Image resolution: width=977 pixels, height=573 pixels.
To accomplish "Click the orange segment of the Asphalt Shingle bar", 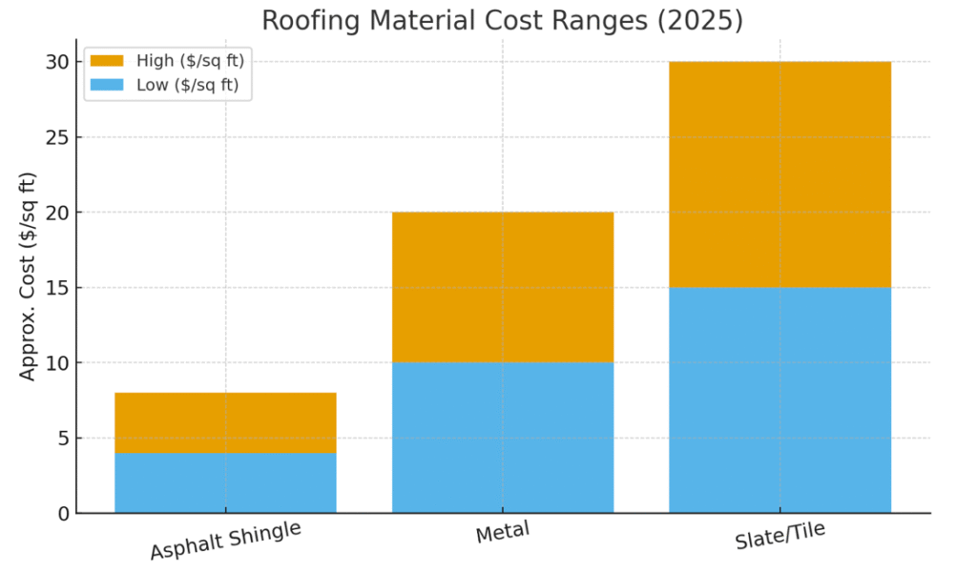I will click(x=225, y=422).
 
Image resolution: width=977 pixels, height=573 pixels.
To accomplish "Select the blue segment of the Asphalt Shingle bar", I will click(x=225, y=482).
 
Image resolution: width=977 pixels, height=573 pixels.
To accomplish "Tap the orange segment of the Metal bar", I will click(x=503, y=287).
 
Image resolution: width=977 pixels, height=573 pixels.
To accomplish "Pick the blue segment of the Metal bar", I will click(x=503, y=438).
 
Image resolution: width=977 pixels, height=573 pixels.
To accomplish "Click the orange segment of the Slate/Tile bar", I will click(x=780, y=174).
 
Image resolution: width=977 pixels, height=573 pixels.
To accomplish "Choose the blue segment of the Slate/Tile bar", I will click(x=780, y=399).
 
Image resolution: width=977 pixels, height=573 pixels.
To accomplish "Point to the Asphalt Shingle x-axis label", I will click(x=225, y=541).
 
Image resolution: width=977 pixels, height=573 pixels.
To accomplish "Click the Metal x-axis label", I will click(x=503, y=533).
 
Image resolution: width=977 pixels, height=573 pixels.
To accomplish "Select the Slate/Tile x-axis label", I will click(x=780, y=536).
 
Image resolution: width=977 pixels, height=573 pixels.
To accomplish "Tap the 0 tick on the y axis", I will click(x=60, y=514).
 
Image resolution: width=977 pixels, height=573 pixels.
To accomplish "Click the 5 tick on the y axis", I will click(x=60, y=439).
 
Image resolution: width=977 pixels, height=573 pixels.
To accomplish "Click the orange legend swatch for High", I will click(x=108, y=61).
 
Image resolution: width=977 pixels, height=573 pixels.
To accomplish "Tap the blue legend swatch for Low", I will click(x=108, y=85).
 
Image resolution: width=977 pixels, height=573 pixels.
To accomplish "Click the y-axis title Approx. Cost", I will click(x=28, y=276).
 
